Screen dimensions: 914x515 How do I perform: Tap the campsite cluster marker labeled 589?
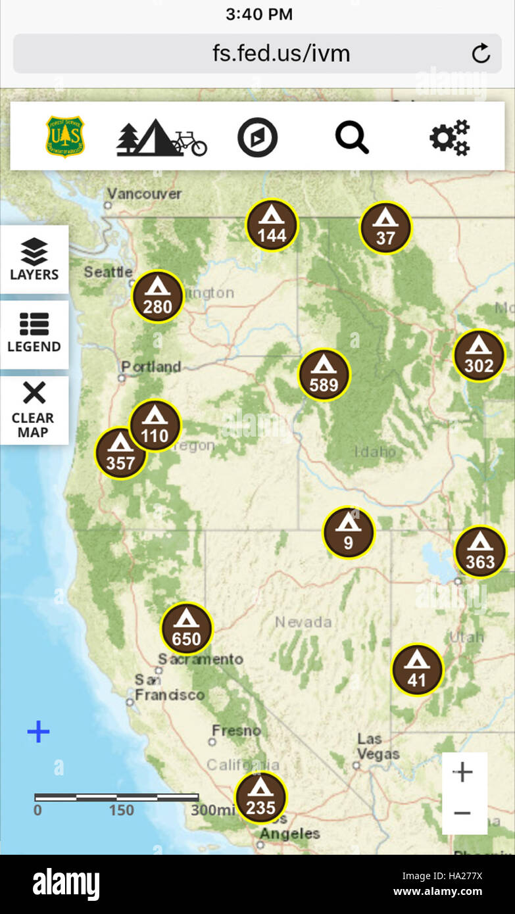coord(324,375)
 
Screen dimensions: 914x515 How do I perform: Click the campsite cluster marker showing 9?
coord(348,533)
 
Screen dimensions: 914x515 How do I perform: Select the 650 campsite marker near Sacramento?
coord(187,629)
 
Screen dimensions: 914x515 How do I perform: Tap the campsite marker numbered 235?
coord(260,797)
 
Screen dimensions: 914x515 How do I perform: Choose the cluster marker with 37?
coord(385,228)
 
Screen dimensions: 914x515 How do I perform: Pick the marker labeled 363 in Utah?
coord(480,552)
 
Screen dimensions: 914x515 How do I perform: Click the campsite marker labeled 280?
coord(157,297)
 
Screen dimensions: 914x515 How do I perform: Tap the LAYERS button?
coord(34,260)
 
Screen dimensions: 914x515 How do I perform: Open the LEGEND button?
coord(34,334)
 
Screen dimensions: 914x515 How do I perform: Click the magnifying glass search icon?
coord(352,138)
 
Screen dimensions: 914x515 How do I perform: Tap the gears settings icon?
coord(450,138)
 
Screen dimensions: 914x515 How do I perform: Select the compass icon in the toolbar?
coord(257,138)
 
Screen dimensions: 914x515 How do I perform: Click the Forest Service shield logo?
coord(64,137)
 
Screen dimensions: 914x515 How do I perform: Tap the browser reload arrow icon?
coord(481,53)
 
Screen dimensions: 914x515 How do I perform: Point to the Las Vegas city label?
coord(378,746)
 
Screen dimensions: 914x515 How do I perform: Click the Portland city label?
coord(151,367)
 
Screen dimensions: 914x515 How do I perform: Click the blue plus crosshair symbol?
coord(38,732)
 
